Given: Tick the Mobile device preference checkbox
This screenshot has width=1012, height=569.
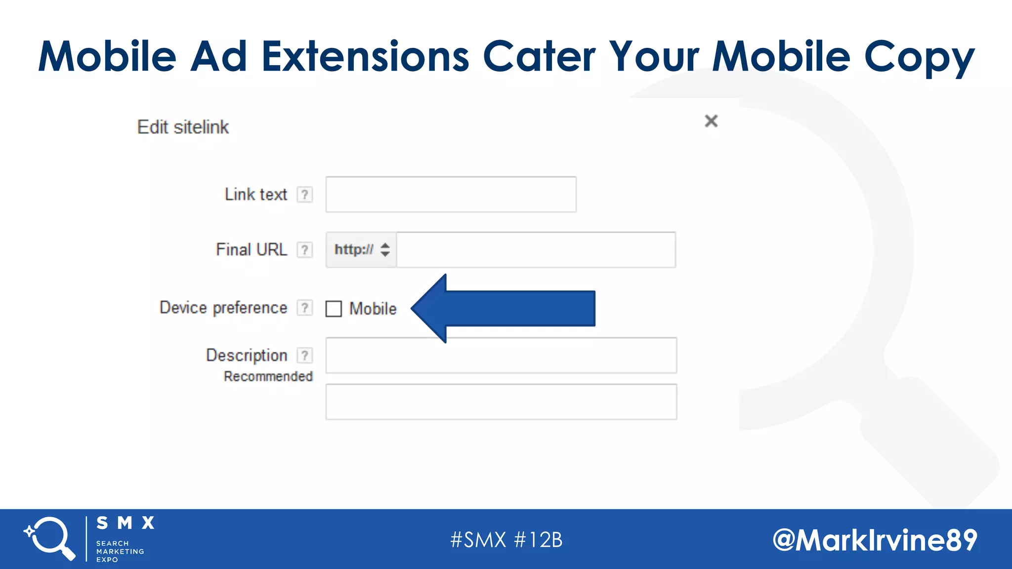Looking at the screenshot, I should [334, 309].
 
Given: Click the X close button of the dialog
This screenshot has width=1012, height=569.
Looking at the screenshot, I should [711, 121].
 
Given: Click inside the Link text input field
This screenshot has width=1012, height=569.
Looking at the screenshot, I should [451, 195].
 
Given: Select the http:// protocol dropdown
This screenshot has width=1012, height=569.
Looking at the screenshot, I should [361, 250].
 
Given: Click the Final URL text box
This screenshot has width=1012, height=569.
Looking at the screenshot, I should [536, 250].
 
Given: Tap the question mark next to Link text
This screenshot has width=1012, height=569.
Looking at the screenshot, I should [305, 195].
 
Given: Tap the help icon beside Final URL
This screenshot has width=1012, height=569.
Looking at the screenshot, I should [305, 250].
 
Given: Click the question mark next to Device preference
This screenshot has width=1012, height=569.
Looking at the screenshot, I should [305, 308].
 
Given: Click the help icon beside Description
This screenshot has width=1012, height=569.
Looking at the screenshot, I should [305, 355].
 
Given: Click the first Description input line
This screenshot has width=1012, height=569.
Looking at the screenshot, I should [501, 356].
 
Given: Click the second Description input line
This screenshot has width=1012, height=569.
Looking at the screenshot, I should [501, 402].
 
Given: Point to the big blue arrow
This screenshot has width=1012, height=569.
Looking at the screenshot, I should [509, 309].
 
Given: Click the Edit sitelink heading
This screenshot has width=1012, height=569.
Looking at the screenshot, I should [183, 127].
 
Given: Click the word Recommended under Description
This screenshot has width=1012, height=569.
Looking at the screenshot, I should [268, 376].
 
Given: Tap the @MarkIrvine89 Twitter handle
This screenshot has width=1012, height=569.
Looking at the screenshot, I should [875, 540].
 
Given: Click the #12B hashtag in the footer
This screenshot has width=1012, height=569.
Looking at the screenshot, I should [538, 540].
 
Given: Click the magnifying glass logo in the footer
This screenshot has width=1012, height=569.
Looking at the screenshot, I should [49, 538].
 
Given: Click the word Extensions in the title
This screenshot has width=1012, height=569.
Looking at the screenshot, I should [365, 56].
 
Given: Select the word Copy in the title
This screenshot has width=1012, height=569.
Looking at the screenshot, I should [919, 56].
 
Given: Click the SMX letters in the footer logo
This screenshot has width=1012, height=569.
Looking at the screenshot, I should [126, 523].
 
